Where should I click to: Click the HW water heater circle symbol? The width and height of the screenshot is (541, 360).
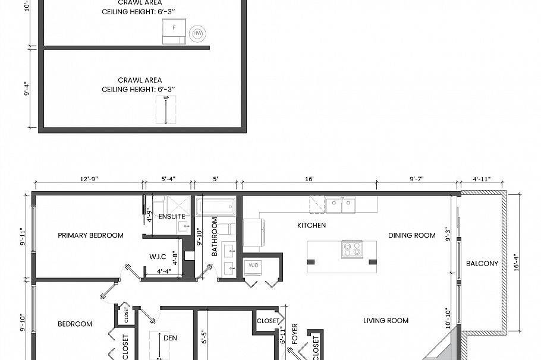[x=197, y=34]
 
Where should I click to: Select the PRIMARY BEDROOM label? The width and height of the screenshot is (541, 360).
[x=90, y=235]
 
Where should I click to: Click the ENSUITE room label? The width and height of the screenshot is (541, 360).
[x=171, y=216]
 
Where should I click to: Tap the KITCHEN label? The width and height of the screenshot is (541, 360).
[x=311, y=226]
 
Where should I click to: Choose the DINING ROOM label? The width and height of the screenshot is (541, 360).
[x=412, y=235]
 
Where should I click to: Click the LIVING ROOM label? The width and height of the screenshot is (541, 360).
[x=386, y=321]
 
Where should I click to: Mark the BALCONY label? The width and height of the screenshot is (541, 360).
[x=482, y=263]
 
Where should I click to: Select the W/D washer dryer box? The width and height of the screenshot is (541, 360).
[x=253, y=265]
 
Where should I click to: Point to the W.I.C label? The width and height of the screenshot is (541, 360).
[x=158, y=257]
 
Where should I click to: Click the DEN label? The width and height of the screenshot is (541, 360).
[x=170, y=338]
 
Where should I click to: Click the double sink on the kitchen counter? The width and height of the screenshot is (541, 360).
[x=340, y=205]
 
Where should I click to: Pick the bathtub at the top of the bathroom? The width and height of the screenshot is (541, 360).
[x=216, y=207]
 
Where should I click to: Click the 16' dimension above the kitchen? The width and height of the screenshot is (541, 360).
[x=309, y=179]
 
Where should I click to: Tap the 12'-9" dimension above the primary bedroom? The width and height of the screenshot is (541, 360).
[x=88, y=179]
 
